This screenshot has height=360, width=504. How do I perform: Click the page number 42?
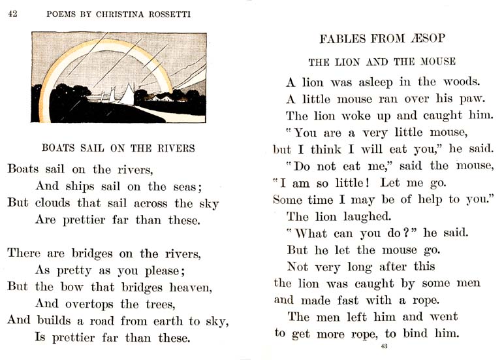[12, 15]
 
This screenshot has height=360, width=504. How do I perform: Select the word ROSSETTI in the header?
[168, 15]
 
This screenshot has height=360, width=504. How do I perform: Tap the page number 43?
[384, 346]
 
